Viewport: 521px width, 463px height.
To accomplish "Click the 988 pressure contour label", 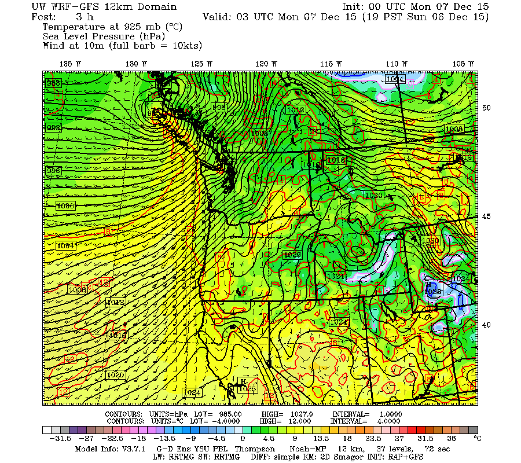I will (x=53, y=83).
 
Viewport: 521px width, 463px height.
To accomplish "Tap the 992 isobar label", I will (x=53, y=127).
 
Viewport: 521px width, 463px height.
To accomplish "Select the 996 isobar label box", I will (x=53, y=171).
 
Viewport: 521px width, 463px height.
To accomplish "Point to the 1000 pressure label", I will (x=65, y=206).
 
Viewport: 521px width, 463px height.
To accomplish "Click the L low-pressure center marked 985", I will (x=154, y=107).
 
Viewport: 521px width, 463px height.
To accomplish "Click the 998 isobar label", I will (x=219, y=108).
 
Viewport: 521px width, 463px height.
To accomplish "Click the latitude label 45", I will (x=487, y=216).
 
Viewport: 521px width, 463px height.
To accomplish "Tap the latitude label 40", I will (x=487, y=325).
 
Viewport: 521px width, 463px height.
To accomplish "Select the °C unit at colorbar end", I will (x=478, y=439).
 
